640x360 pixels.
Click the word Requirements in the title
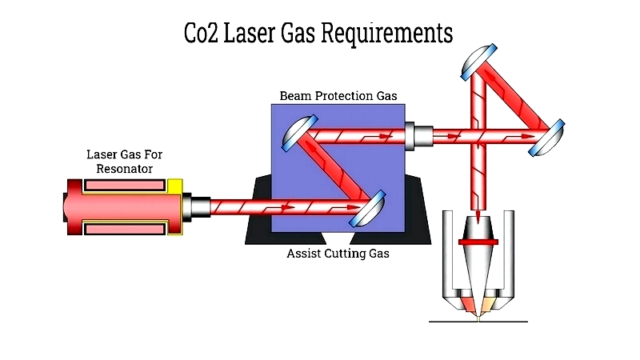click(x=387, y=34)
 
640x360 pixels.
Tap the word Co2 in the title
click(x=201, y=33)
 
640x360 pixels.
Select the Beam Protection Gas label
click(x=338, y=96)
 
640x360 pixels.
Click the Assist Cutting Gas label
click(x=338, y=254)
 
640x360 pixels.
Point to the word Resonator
click(x=125, y=169)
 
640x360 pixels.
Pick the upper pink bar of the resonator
click(x=125, y=186)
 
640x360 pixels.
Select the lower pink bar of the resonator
click(x=125, y=229)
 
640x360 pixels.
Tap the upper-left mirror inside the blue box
click(x=299, y=133)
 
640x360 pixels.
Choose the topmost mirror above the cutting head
click(x=478, y=62)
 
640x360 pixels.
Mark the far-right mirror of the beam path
click(x=547, y=138)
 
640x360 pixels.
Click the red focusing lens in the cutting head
click(x=478, y=242)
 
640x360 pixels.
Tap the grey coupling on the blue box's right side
click(x=418, y=136)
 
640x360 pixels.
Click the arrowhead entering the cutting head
click(x=478, y=215)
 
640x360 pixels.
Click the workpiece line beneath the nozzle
click(x=478, y=322)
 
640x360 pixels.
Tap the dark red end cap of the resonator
click(x=74, y=207)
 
